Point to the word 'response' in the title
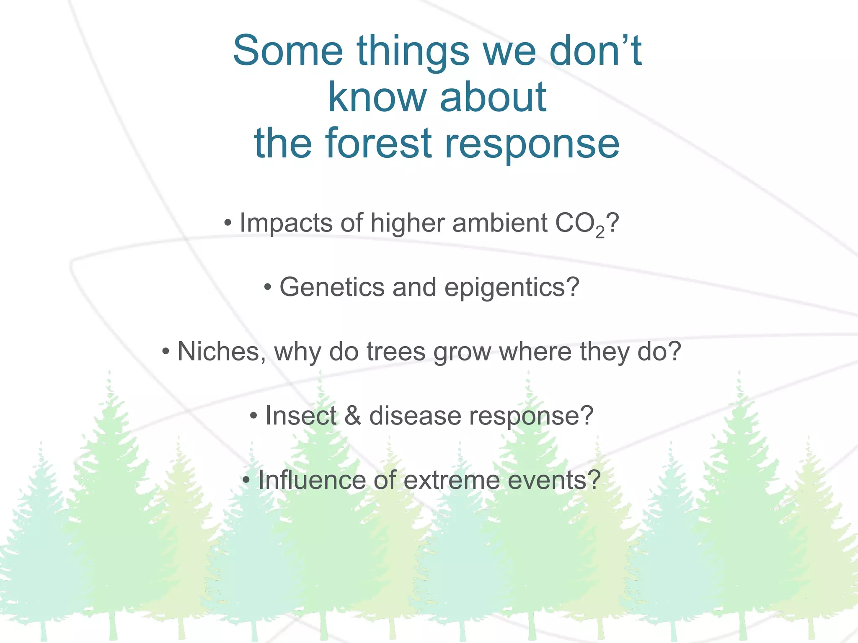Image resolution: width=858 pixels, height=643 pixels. pos(532,143)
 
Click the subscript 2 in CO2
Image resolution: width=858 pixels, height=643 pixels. pos(600,233)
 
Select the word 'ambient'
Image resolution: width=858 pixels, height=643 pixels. pos(500,223)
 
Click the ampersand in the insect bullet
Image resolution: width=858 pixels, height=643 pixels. pos(352,416)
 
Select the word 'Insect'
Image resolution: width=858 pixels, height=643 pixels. pos(300,416)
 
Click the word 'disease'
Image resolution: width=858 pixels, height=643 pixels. pos(415,416)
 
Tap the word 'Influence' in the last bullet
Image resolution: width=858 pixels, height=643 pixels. pos(312,480)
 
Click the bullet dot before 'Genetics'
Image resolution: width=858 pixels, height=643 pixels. pos(268,288)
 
